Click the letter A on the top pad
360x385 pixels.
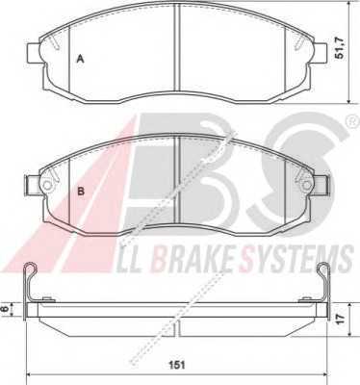point(80,59)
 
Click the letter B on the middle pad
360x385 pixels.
point(81,192)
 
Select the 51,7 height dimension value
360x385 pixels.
point(339,48)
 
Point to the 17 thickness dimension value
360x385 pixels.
point(340,319)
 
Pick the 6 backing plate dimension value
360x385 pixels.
point(5,309)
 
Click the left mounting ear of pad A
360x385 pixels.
point(34,53)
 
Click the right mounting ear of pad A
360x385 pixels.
point(321,53)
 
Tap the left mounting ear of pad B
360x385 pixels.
point(33,185)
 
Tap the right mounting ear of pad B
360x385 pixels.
point(321,185)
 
